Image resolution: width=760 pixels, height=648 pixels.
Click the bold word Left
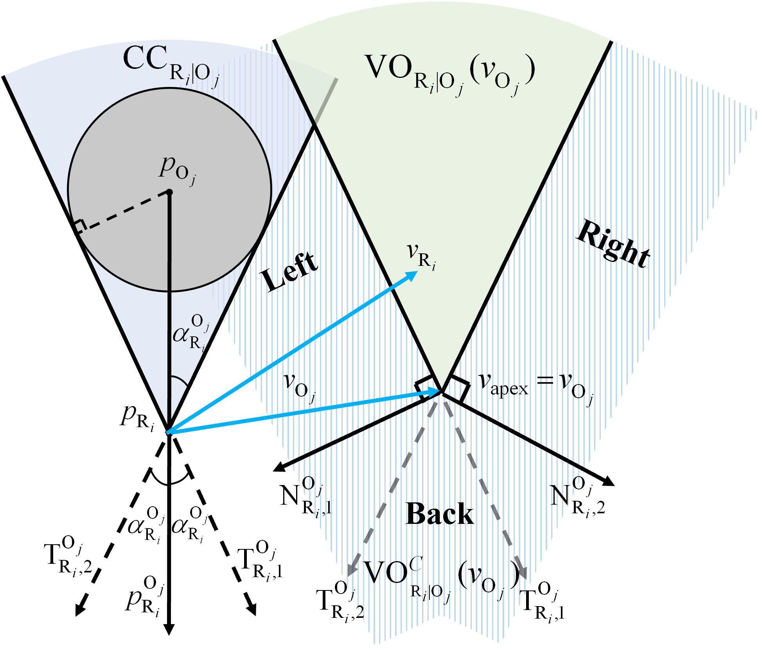click(289, 271)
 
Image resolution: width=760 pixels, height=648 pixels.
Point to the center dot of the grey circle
click(169, 192)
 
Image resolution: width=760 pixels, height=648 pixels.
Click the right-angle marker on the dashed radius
click(79, 226)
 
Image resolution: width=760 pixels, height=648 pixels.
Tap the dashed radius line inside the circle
click(125, 209)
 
